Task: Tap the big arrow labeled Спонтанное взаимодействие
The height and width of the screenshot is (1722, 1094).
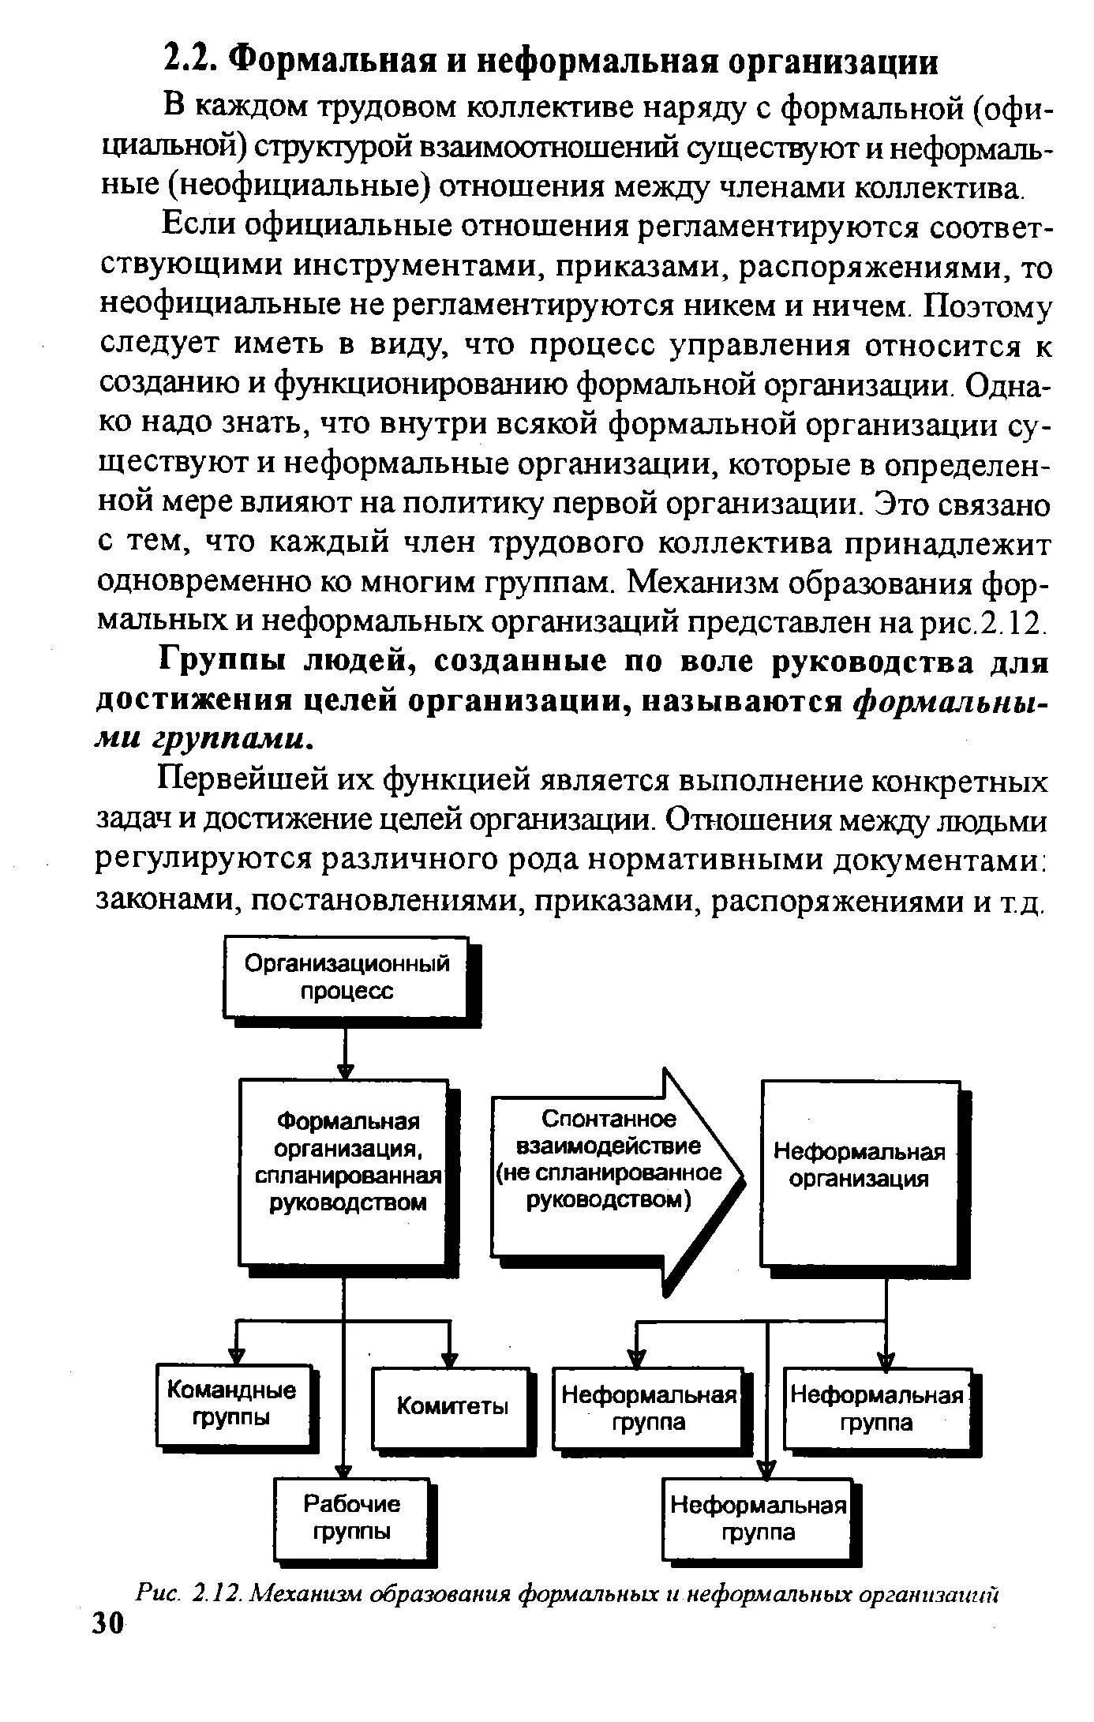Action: pos(616,1169)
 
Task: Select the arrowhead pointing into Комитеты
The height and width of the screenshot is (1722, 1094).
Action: pos(450,1360)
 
